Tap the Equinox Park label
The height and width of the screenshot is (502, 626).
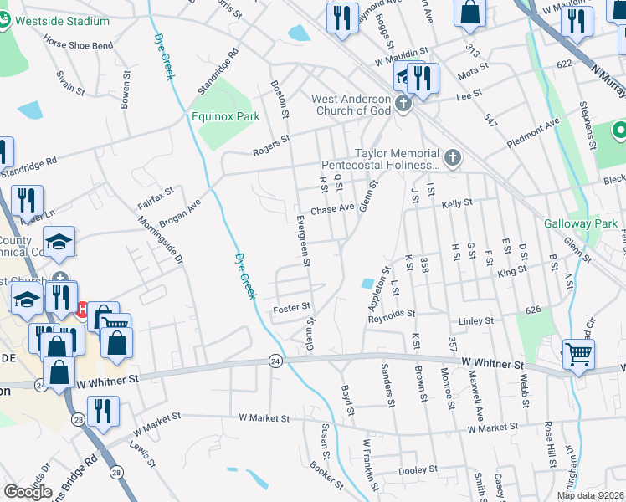tap(225, 117)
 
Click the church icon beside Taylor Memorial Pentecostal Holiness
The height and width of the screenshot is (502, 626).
tap(452, 157)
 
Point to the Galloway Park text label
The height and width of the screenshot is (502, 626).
tap(580, 223)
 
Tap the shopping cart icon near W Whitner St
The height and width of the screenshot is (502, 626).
tap(577, 354)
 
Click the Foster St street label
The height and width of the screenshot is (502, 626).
tap(292, 309)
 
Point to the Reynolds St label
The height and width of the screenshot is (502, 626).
tap(392, 314)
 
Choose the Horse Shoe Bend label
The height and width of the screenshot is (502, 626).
tap(78, 44)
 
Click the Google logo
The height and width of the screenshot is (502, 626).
tap(28, 492)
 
